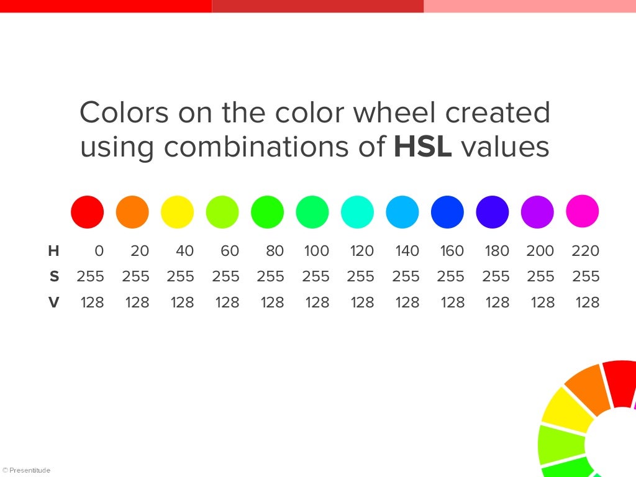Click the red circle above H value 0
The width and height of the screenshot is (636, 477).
point(87,212)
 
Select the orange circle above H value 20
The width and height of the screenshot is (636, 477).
point(132,212)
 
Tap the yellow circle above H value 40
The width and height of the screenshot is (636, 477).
point(177,212)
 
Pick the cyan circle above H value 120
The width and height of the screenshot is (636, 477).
point(357,212)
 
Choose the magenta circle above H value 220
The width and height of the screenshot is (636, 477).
point(582,211)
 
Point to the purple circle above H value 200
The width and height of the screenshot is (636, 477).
point(537,212)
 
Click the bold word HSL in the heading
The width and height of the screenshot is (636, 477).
point(422,147)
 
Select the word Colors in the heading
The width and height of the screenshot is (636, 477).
point(124,113)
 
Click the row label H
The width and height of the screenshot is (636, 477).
point(54,251)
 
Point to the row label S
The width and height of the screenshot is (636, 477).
point(54,276)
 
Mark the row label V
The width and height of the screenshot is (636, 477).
point(54,302)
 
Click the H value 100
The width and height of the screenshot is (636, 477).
point(316,251)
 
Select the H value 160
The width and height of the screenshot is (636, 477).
point(452,251)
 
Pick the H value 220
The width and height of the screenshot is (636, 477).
point(585,251)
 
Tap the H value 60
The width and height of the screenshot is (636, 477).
point(229,251)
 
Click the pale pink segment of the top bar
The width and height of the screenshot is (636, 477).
point(530,6)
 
